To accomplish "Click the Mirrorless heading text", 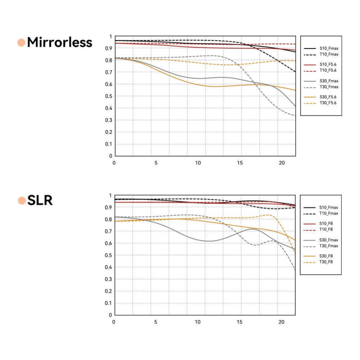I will coord(59,43).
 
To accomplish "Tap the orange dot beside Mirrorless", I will coord(21,43).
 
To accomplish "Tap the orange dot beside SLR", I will coord(22,200).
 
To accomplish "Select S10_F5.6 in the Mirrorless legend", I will coord(328,64).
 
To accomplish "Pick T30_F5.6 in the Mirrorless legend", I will coord(328,103).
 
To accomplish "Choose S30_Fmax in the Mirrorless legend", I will coord(329,81).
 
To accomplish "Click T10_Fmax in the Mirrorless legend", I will coord(329,54).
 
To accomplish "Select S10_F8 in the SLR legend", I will coord(326,223).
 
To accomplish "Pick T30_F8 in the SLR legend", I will coord(326,262).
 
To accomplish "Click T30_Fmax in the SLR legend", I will coord(329,246).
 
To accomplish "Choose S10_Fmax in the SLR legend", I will coord(329,208).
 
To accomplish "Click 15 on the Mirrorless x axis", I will coord(240,163).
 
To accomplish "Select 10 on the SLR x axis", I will coord(198,322).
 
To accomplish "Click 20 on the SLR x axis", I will coord(282,322).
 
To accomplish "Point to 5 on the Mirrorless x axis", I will coord(156,163).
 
